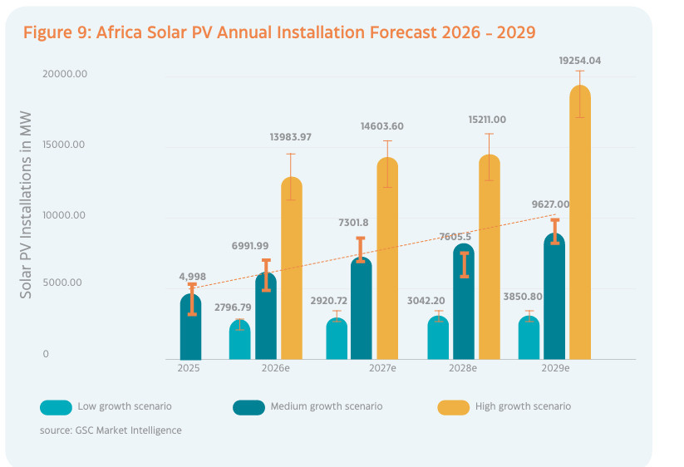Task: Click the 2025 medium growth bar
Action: point(190,328)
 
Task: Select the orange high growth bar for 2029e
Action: point(580,224)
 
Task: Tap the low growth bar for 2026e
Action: point(239,341)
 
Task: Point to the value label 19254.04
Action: point(580,60)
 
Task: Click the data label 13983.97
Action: point(291,137)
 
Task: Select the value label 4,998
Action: point(192,276)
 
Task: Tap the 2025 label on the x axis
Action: point(189,367)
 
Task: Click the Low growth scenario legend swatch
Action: point(55,407)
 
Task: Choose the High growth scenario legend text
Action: point(523,406)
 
